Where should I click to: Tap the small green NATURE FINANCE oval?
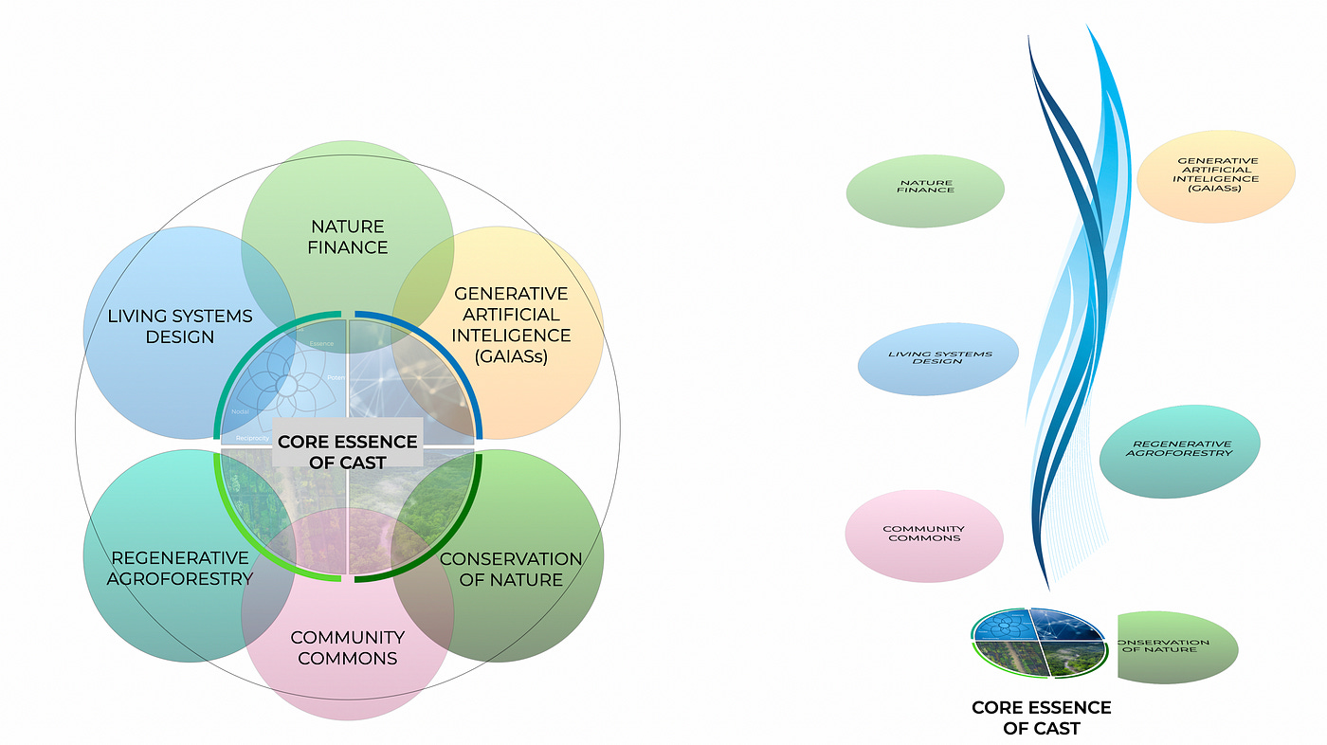tap(925, 191)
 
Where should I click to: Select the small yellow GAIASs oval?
tap(1215, 176)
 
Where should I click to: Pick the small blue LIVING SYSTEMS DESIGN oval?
tap(937, 357)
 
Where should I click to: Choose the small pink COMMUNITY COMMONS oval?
tap(923, 535)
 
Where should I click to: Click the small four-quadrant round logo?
tap(1040, 643)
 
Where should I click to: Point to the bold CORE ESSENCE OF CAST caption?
tap(1041, 718)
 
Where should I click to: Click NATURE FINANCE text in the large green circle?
tap(347, 237)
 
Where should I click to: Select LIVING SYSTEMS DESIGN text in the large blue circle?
tap(180, 326)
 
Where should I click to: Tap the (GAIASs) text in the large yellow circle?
tap(512, 356)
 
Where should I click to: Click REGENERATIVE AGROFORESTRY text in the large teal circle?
tap(180, 568)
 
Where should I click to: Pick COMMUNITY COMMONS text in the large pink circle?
tap(347, 647)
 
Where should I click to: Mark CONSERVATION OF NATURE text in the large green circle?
tap(510, 569)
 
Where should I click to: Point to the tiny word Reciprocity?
tap(253, 438)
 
